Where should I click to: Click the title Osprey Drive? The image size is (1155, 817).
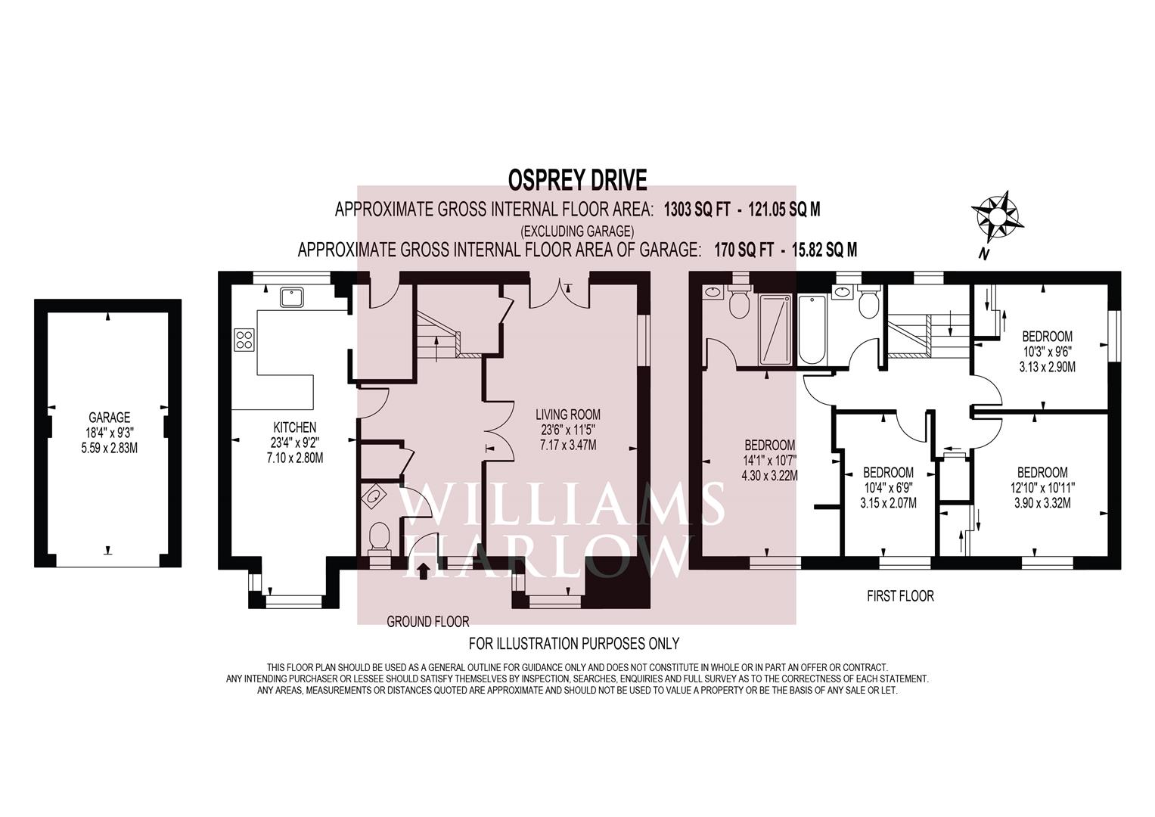[577, 180]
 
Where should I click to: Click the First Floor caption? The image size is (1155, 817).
[900, 596]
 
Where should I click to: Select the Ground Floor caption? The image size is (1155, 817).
[428, 622]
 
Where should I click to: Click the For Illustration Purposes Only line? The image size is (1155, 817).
[574, 644]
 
